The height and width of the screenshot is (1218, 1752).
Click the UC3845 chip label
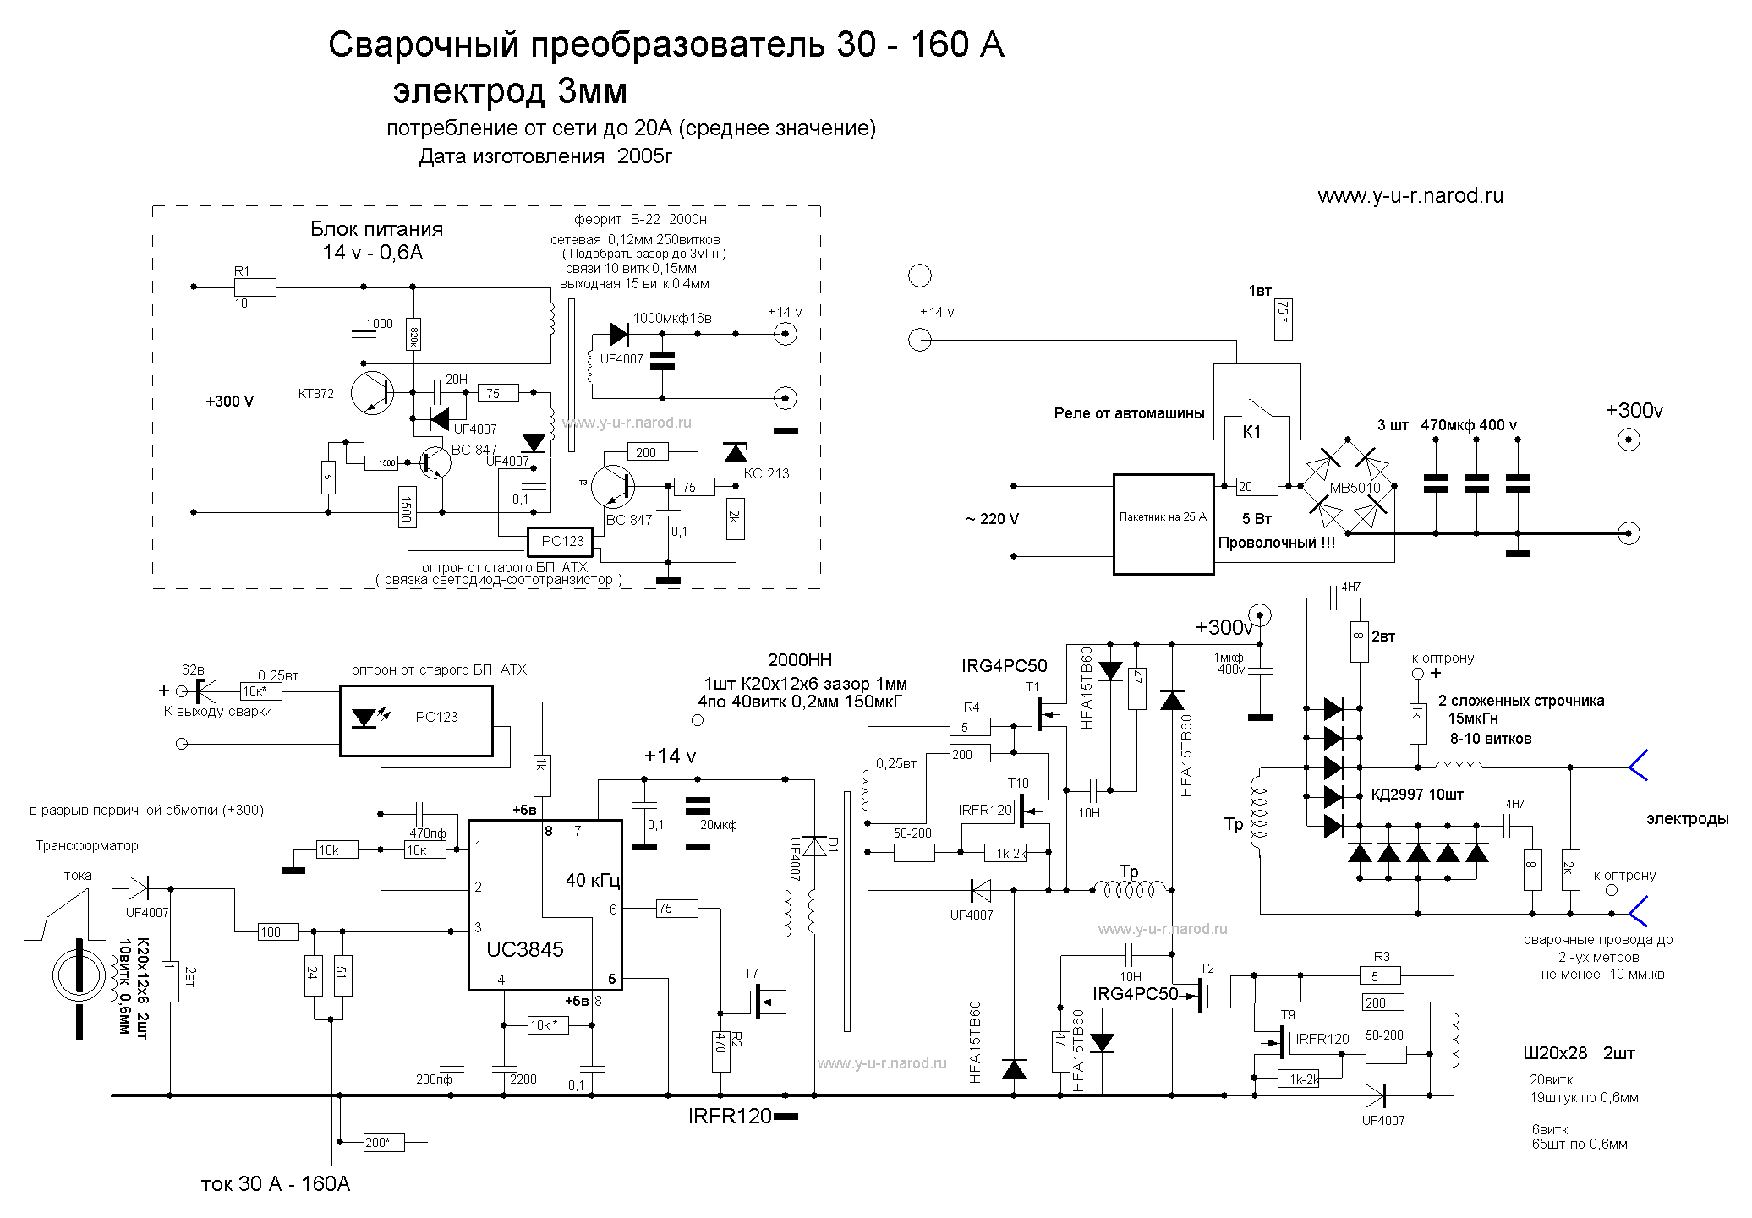tap(524, 949)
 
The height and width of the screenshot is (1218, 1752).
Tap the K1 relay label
tap(1251, 431)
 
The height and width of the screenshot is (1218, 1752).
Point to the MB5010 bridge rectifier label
tap(1355, 489)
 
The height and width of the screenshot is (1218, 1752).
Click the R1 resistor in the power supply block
tap(255, 287)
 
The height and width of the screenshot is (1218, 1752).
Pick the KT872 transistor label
tap(315, 394)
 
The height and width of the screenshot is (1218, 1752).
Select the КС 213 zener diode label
tap(766, 473)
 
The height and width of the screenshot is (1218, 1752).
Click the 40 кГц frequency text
tap(594, 881)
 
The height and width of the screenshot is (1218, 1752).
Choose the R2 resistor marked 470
tap(720, 1041)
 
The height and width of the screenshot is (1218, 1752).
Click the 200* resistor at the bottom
tap(383, 1143)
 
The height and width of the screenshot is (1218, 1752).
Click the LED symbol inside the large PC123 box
tap(364, 718)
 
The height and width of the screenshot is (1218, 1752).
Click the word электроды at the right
tap(1687, 819)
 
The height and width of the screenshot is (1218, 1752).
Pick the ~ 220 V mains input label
tap(992, 519)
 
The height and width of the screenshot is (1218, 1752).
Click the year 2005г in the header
tap(644, 156)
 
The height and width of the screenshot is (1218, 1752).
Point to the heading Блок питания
tap(376, 229)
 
